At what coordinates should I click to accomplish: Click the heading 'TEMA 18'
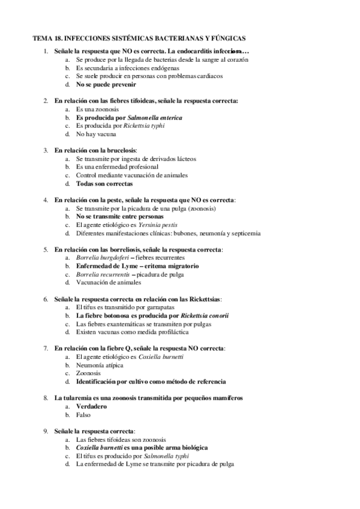tap(49, 38)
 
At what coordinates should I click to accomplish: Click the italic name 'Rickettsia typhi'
tap(144, 126)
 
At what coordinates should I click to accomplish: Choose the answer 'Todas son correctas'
tap(105, 184)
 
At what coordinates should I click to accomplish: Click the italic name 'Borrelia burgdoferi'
tap(109, 257)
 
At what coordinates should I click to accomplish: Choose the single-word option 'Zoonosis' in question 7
tap(88, 373)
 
